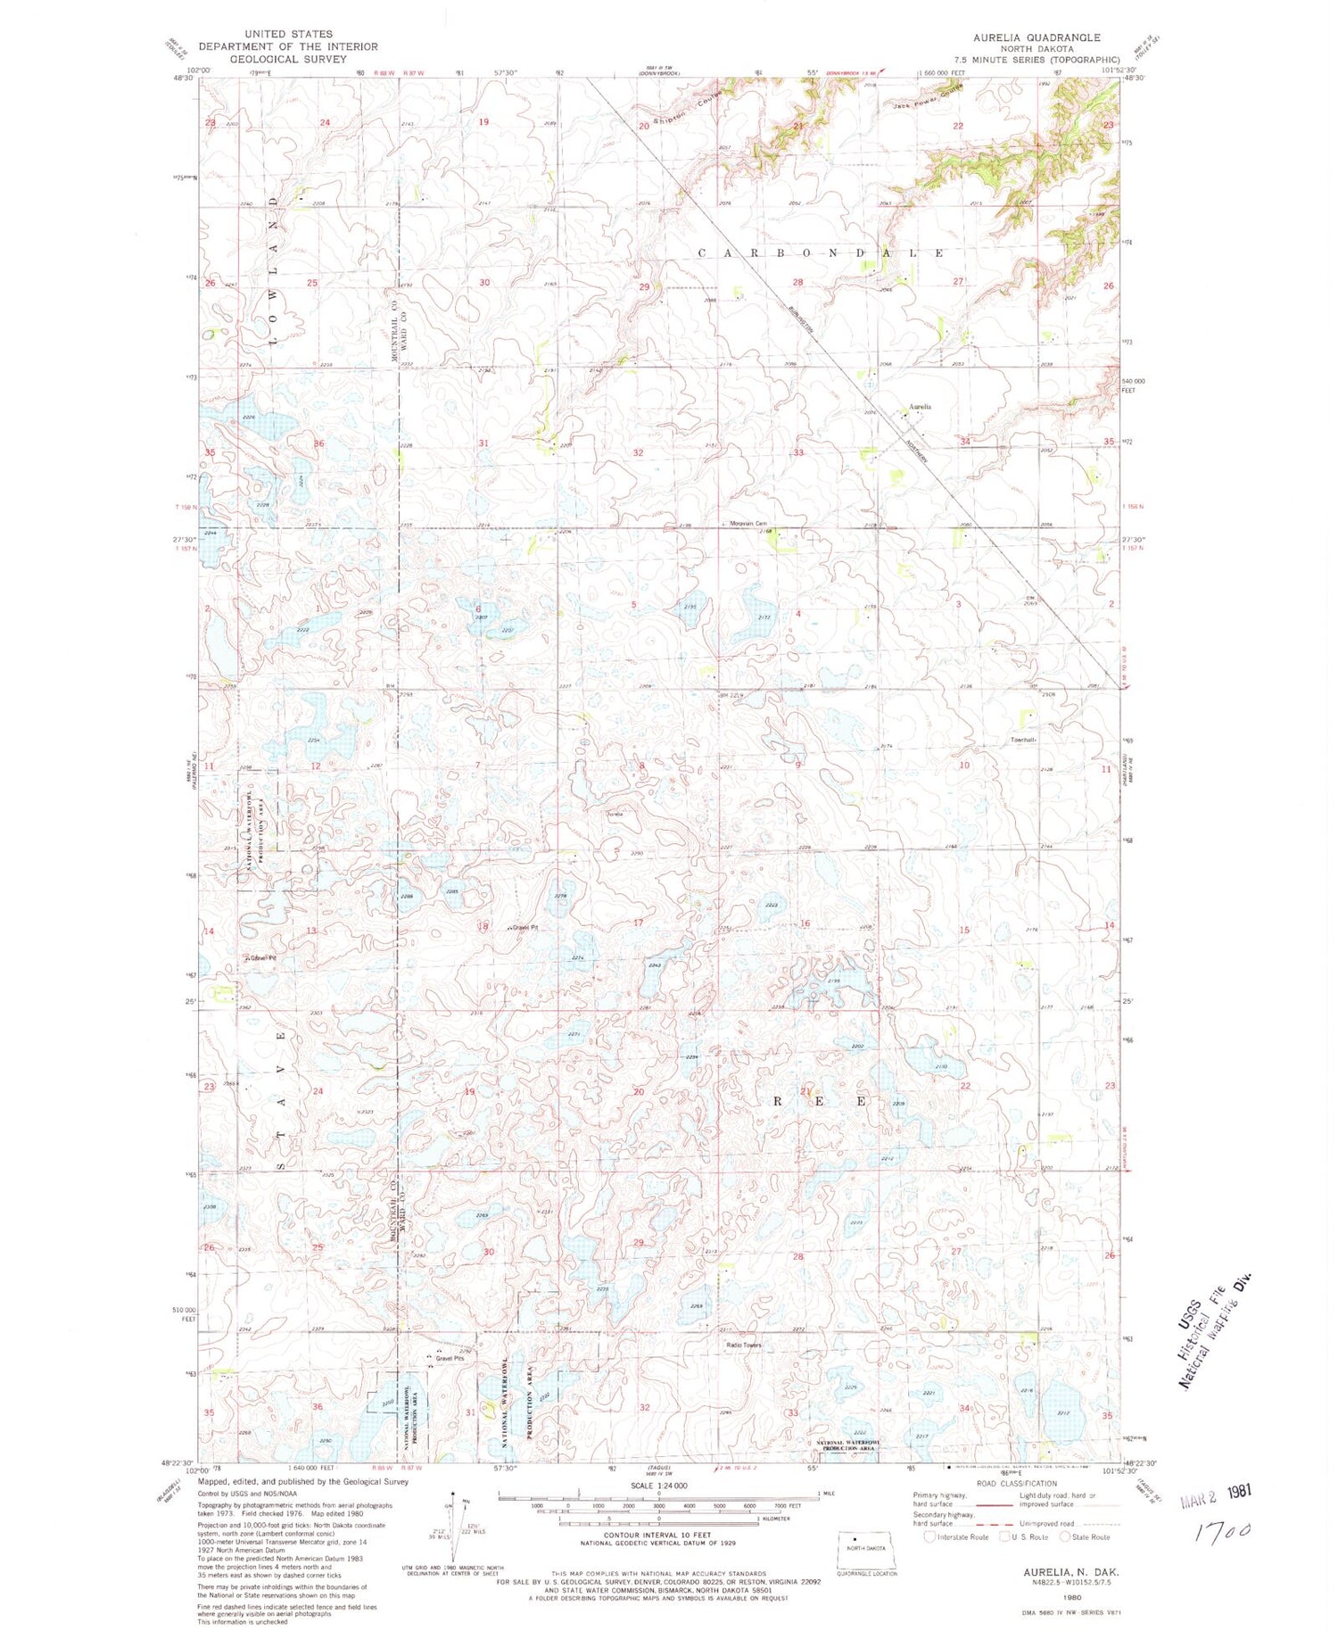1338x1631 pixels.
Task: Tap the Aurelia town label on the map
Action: coord(920,407)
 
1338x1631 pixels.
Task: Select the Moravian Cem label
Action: coord(748,524)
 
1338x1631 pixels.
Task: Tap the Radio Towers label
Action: coord(743,1345)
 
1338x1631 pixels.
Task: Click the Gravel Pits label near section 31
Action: coord(450,1359)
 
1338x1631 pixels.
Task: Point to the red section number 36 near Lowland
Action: coord(318,443)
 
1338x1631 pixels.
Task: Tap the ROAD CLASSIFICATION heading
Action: coord(1014,1484)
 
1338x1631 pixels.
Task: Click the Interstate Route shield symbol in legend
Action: coord(929,1536)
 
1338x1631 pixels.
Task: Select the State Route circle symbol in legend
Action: coord(1064,1536)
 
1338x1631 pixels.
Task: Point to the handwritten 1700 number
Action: coord(1224,1532)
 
